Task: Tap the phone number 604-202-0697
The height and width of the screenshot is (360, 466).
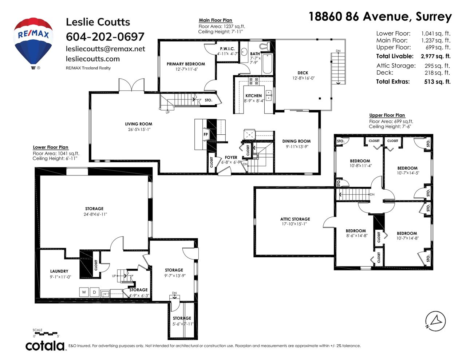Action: [x=105, y=37]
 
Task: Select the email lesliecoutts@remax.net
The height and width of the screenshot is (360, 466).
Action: [x=106, y=49]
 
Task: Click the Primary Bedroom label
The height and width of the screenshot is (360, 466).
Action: [x=186, y=64]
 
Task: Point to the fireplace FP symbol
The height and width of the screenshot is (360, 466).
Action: [x=205, y=134]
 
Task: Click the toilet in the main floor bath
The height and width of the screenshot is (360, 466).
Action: [x=265, y=46]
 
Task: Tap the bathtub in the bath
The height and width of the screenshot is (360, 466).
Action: [x=267, y=64]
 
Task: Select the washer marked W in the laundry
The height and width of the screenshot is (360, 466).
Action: [x=84, y=292]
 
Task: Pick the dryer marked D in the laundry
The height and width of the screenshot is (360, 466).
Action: [x=94, y=292]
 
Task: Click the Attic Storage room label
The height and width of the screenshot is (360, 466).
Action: [x=295, y=219]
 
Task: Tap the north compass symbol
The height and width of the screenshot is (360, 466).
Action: [x=435, y=321]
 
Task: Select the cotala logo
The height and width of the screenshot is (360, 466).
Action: [x=45, y=346]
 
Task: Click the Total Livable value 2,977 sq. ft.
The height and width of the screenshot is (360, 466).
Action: [x=435, y=56]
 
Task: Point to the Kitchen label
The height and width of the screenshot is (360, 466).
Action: [x=253, y=96]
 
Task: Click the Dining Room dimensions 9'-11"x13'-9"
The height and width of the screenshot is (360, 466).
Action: [x=297, y=147]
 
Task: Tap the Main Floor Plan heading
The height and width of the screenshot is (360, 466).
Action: [x=215, y=20]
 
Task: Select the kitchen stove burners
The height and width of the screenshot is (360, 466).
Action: [x=253, y=81]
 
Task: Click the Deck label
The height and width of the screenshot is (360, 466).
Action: [x=303, y=73]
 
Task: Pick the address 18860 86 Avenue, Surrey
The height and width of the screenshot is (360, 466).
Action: [x=380, y=16]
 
